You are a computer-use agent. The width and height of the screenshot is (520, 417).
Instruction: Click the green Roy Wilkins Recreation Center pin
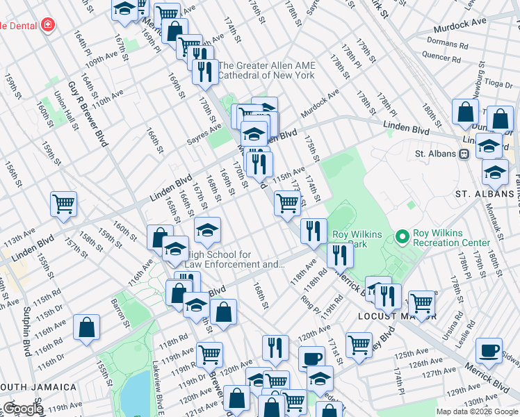click(x=402, y=237)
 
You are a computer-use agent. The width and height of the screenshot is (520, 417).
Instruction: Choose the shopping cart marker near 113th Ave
click(x=63, y=204)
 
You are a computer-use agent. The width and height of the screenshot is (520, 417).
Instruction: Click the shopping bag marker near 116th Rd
click(x=86, y=327)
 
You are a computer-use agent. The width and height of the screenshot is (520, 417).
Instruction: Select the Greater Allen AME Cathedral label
click(x=267, y=70)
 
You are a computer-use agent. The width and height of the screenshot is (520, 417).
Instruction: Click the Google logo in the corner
click(x=22, y=409)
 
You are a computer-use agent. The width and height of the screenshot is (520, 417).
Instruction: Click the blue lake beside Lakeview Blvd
click(x=138, y=393)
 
